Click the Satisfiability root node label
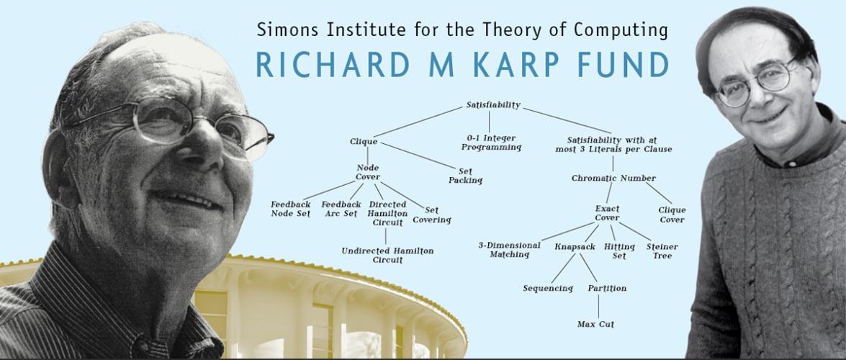coord(493,105)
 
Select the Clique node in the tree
coord(364,142)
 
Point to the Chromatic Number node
coord(613,178)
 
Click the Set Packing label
coord(465,176)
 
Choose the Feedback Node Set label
coord(290,209)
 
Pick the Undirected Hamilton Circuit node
coord(387,256)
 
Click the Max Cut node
coord(595,325)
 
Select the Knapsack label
coord(575,247)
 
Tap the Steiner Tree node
coord(662,251)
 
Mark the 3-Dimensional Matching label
coord(509,250)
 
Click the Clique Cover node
coord(672,215)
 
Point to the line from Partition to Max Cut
coord(598,307)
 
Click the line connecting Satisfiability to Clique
coord(418,122)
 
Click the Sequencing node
coord(548,289)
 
